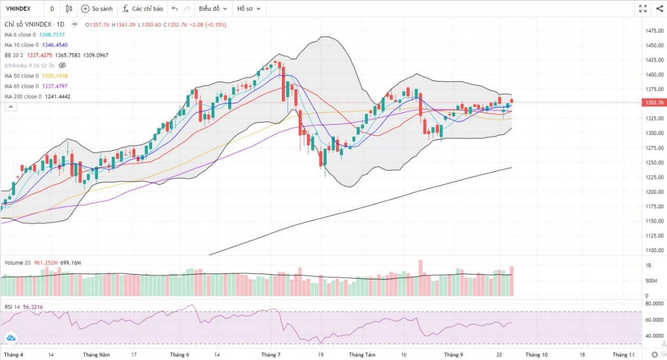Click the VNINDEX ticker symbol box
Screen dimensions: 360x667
coord(18,9)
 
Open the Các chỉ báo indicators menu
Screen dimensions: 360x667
coord(143,9)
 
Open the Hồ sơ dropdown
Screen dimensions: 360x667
coord(248,9)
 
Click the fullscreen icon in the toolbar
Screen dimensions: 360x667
coord(643,9)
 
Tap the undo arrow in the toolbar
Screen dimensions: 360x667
coord(175,9)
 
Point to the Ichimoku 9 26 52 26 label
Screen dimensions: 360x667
coord(30,66)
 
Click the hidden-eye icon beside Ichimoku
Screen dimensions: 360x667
coord(63,66)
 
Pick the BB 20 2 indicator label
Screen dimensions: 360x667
coord(14,55)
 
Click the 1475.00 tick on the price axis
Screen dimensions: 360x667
coord(654,31)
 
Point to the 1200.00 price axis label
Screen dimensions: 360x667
coord(654,192)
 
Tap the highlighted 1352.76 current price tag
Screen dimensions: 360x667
coord(654,103)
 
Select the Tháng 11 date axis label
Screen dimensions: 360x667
coord(624,355)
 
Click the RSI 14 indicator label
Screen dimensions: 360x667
coord(13,307)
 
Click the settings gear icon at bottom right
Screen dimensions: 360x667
coord(654,355)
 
